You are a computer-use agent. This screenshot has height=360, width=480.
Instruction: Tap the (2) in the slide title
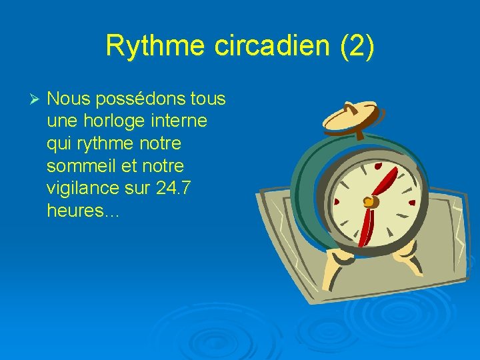(x=357, y=46)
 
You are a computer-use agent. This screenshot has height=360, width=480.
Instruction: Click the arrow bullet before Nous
(x=37, y=99)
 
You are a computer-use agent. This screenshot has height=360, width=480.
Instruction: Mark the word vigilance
(x=83, y=189)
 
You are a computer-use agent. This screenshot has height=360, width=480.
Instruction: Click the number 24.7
(x=173, y=188)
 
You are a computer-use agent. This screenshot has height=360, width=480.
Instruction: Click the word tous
(x=208, y=99)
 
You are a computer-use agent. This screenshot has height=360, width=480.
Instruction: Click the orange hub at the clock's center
(x=367, y=201)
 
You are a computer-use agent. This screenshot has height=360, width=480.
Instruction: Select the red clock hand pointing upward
(x=385, y=181)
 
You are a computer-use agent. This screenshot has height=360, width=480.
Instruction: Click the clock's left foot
(x=333, y=269)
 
